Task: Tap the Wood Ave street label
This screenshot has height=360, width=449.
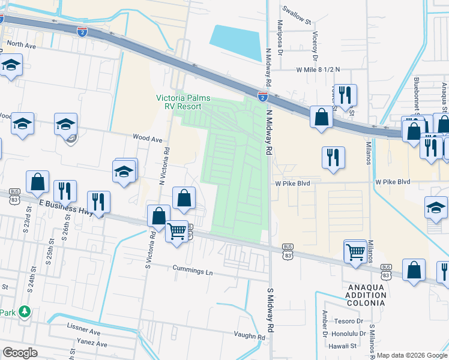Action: click(x=148, y=139)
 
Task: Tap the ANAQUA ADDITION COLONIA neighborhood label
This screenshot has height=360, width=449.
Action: click(x=366, y=295)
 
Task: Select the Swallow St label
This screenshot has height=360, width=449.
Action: click(x=298, y=16)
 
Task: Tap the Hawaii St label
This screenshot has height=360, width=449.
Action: click(x=345, y=346)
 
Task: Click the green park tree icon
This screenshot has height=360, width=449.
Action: click(x=24, y=312)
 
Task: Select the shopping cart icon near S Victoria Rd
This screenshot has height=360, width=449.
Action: click(x=176, y=230)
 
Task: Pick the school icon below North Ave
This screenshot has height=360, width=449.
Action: click(x=11, y=65)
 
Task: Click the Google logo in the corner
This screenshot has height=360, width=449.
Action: click(x=19, y=353)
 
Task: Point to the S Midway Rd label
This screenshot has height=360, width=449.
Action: click(x=271, y=307)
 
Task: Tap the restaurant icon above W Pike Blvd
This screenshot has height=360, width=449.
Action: click(x=333, y=157)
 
